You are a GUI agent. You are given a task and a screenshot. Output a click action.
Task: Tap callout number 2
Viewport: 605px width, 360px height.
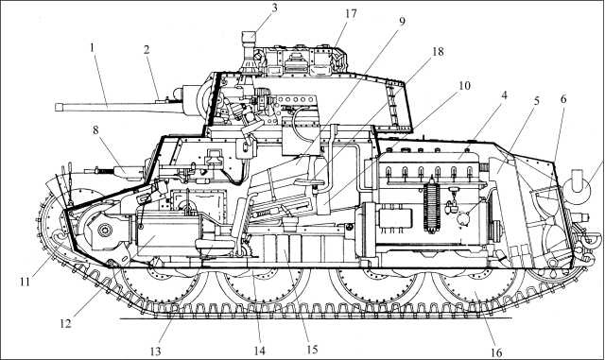147,49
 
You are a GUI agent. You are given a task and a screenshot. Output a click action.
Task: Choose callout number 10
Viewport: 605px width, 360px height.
438,87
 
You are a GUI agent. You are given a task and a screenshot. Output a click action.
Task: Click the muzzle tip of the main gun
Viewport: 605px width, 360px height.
58,107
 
